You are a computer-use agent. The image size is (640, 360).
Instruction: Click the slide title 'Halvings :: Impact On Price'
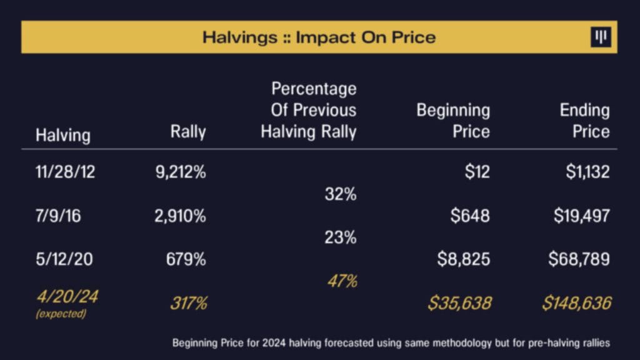tap(319, 37)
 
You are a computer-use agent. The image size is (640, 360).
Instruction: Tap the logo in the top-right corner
tap(601, 37)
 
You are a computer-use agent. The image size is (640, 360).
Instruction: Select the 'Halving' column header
tap(62, 135)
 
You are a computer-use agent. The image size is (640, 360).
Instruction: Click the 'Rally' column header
tap(188, 132)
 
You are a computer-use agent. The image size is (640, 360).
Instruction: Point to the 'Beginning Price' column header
tap(453, 121)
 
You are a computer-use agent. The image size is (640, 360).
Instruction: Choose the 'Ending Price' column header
tap(584, 121)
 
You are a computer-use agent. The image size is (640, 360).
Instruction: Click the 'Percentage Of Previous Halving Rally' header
tap(309, 110)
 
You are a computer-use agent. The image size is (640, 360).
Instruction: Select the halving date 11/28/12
tap(66, 172)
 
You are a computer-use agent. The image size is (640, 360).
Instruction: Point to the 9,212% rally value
tap(180, 172)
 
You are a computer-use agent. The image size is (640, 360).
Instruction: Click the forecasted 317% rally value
tap(188, 304)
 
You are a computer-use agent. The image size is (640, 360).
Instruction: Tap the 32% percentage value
tap(341, 194)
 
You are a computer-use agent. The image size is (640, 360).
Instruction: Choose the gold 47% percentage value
tap(342, 281)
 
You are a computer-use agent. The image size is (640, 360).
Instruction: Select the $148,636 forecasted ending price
tap(576, 304)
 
